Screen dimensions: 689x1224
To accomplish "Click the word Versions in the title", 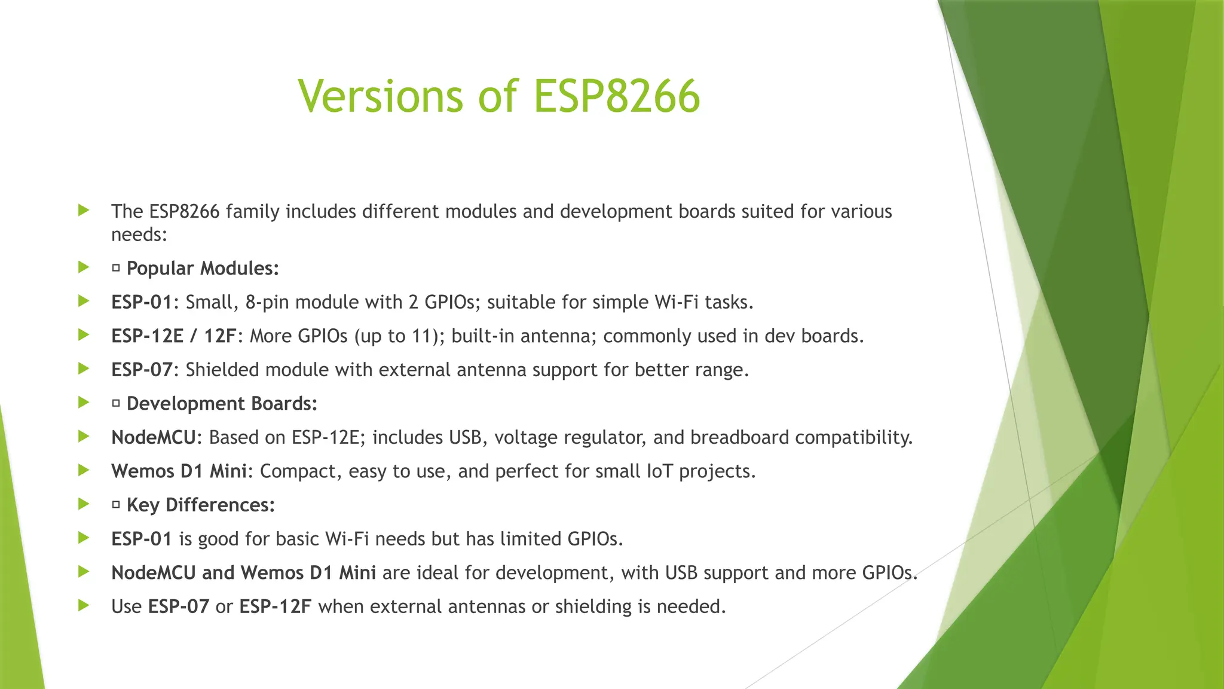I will [x=380, y=96].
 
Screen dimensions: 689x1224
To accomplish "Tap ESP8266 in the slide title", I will [x=616, y=96].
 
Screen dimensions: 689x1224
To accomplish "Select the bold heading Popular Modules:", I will [x=203, y=269].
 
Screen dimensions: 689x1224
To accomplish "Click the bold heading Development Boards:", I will [x=222, y=404].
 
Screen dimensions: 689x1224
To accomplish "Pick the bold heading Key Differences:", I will [x=201, y=505].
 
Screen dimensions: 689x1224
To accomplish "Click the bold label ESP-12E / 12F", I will [x=174, y=336].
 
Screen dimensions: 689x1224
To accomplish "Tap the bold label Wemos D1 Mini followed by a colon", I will [x=179, y=471].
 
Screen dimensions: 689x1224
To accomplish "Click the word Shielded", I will [x=222, y=370].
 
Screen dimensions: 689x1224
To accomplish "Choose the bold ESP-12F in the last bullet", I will [x=275, y=606].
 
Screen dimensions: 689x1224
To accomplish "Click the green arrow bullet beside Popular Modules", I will [x=84, y=267].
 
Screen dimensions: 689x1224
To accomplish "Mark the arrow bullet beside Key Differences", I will [x=84, y=504].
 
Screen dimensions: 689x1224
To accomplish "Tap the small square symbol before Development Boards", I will [x=116, y=404].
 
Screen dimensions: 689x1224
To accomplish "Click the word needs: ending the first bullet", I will [x=139, y=234].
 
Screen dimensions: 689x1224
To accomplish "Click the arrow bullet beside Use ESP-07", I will [x=84, y=605].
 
